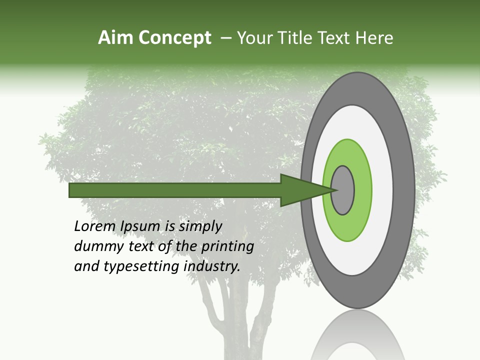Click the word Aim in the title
click(116, 38)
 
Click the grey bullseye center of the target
click(343, 190)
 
